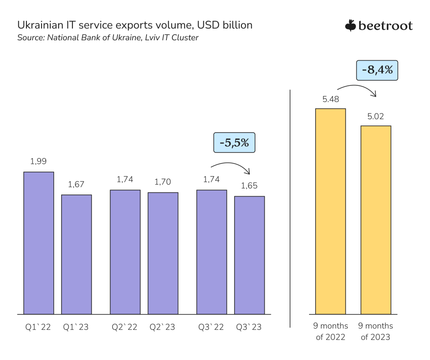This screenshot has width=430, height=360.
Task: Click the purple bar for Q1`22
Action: point(39,243)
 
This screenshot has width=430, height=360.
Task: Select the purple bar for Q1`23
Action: point(76,254)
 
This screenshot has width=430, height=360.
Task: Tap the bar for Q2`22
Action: point(125,252)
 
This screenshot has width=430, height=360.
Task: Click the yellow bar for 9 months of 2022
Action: point(330,211)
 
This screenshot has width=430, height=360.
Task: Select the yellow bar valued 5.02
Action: point(376,220)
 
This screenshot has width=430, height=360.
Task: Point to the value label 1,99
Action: point(38,161)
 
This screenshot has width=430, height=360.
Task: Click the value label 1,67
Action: point(76,184)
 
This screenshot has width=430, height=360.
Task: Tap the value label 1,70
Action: point(163,182)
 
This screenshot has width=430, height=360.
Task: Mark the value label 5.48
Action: point(330,99)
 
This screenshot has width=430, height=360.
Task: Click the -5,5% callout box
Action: point(234,143)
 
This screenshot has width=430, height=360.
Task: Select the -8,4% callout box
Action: point(377,70)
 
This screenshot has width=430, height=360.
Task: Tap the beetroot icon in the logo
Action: point(350,26)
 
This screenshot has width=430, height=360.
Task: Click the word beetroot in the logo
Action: point(385,26)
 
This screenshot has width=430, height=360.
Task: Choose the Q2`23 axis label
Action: point(163,327)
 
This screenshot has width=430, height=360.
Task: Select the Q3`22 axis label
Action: point(212,327)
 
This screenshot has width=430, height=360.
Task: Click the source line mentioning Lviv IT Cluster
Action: point(107,38)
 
